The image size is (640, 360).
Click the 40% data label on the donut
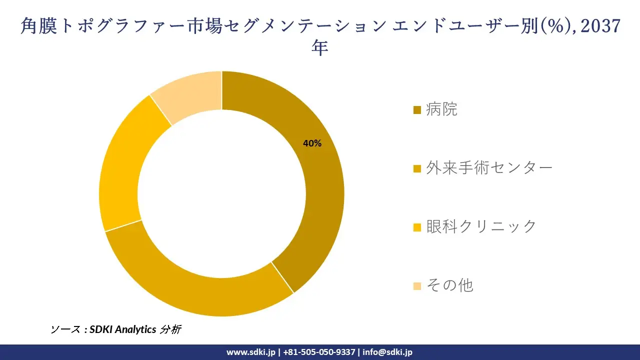click(x=312, y=143)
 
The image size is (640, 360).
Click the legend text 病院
click(x=441, y=109)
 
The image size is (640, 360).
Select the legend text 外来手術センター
click(x=489, y=168)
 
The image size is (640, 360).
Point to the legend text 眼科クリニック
click(x=481, y=226)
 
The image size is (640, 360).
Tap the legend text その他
click(x=449, y=285)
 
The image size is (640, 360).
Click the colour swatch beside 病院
click(x=417, y=110)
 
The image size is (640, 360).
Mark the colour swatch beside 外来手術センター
click(x=417, y=169)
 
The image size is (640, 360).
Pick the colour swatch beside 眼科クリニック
click(x=417, y=227)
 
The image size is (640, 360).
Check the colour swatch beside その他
click(x=417, y=286)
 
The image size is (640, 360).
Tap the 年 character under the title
click(x=319, y=47)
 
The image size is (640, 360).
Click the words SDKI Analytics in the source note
click(x=123, y=329)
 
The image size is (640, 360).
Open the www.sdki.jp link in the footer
click(x=251, y=352)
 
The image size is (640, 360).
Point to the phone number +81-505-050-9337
click(x=319, y=352)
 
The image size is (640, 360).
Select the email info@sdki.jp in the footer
click(x=387, y=352)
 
